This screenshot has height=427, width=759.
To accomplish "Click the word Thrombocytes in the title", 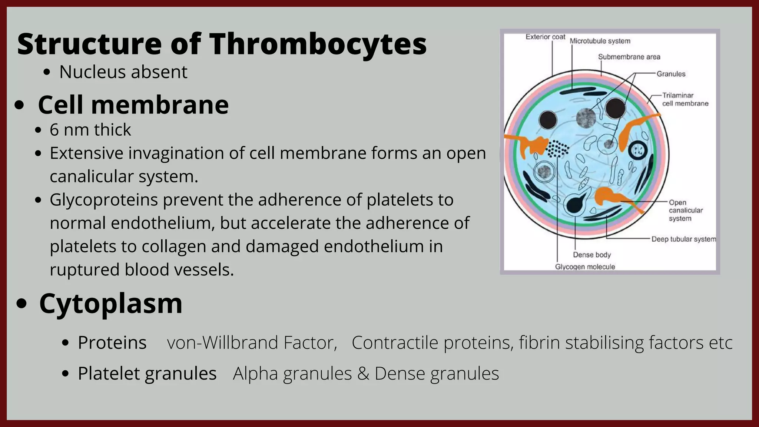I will click(x=318, y=44).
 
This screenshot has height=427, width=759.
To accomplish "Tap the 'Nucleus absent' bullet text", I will click(x=123, y=72).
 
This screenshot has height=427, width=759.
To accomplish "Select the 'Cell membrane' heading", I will click(x=133, y=105).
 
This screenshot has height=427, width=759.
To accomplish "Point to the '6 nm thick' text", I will click(x=90, y=130).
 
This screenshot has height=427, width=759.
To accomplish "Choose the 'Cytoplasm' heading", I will click(x=110, y=303).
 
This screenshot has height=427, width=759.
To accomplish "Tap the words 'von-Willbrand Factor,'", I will click(x=252, y=342).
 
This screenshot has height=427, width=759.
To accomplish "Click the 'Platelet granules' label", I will click(x=147, y=373).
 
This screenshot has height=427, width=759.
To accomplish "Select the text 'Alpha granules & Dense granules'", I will click(x=366, y=373).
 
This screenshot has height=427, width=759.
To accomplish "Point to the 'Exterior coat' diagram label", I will click(x=545, y=37).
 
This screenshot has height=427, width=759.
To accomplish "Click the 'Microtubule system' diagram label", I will click(x=600, y=41).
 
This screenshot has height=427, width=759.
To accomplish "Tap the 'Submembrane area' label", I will click(x=629, y=57).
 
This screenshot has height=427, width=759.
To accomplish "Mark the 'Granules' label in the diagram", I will click(x=671, y=74).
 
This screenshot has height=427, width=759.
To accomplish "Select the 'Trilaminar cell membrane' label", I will click(x=685, y=100).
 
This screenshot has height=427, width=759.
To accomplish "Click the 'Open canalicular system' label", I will click(x=685, y=211).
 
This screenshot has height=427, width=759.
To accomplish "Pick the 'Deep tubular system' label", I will click(x=683, y=239).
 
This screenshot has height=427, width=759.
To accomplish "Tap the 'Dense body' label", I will click(x=591, y=255).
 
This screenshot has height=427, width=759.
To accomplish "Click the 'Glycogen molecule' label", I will click(x=585, y=267).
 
